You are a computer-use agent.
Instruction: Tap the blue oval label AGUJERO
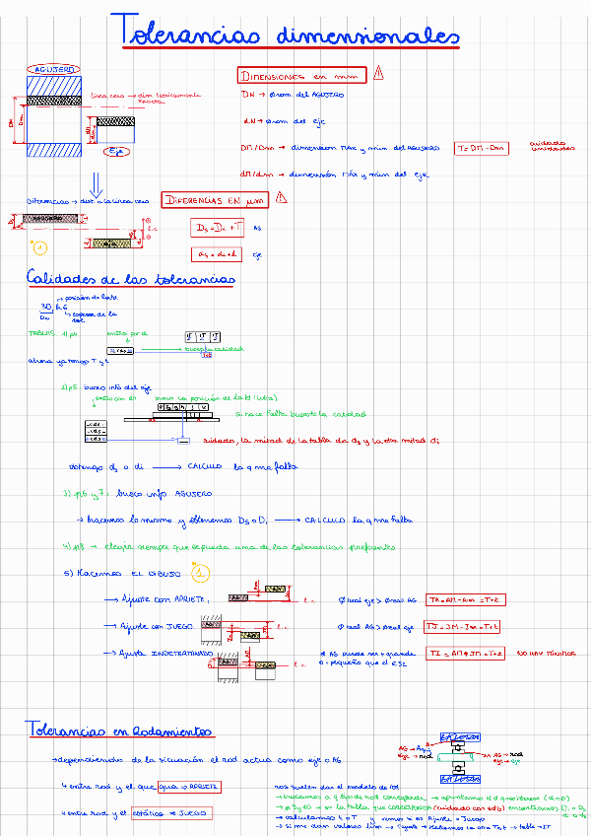coord(54,70)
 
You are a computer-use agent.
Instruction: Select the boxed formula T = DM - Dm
coord(484,148)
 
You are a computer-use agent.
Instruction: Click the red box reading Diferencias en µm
coord(217,199)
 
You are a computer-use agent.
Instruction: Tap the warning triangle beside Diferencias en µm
coord(282,197)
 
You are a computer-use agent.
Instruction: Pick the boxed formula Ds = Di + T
coord(216,228)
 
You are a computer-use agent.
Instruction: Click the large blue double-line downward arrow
coord(96,184)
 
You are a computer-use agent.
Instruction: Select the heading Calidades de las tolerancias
coord(131,279)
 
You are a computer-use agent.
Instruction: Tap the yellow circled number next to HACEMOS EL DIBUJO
coord(200,572)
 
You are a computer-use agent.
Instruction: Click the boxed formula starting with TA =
coord(467,599)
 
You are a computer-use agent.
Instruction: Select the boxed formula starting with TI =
coord(466,654)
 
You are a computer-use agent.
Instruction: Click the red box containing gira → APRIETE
coord(189,786)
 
